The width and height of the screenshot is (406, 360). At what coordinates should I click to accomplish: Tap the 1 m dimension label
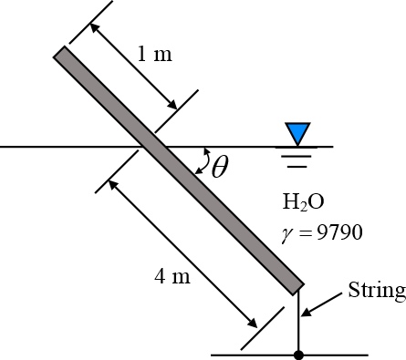coord(154,54)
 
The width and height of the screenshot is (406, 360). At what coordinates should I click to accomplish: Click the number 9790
coord(338,232)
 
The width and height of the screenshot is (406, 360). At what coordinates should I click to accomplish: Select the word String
coord(376,291)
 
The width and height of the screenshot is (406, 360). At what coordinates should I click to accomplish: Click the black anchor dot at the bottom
coord(298,354)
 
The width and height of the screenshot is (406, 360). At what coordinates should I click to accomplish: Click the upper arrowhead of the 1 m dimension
coord(95,26)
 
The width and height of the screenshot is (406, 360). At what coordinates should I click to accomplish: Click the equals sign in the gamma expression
coord(305,233)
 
